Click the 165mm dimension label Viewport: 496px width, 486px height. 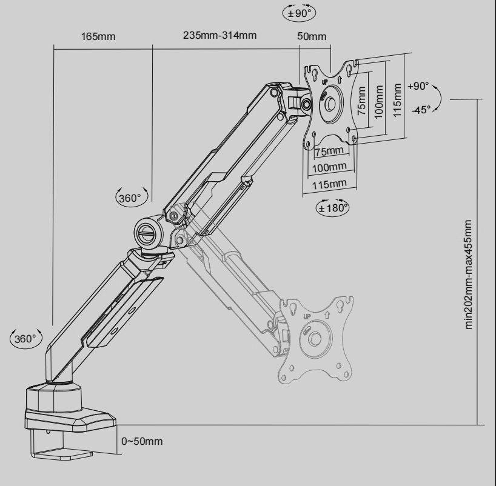(98, 37)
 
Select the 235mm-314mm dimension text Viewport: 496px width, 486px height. (220, 35)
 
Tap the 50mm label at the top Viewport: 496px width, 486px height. (312, 36)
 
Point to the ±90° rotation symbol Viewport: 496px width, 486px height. (299, 13)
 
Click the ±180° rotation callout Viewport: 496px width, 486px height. (333, 208)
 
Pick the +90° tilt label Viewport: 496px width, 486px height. (418, 86)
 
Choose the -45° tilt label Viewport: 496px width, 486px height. (421, 110)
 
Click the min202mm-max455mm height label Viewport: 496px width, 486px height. (469, 275)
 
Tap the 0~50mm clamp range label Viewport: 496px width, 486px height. (142, 441)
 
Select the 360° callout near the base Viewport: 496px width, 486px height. (26, 339)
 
